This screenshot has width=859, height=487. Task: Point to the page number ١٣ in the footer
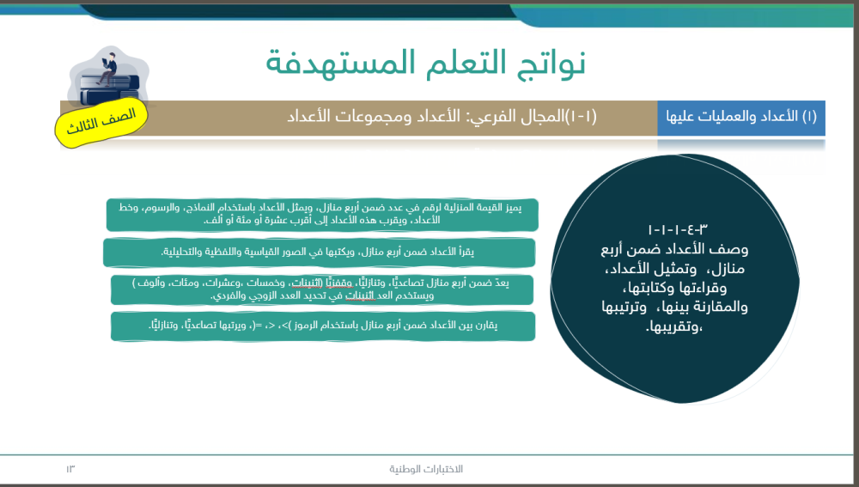pyautogui.click(x=70, y=469)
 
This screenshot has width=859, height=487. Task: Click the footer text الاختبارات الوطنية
pyautogui.click(x=426, y=469)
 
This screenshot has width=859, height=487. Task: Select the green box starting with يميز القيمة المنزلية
pyautogui.click(x=322, y=215)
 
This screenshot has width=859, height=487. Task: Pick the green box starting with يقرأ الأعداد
pyautogui.click(x=319, y=253)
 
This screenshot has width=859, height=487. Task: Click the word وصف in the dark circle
pyautogui.click(x=731, y=250)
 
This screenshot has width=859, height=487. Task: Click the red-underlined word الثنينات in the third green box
pyautogui.click(x=307, y=283)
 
